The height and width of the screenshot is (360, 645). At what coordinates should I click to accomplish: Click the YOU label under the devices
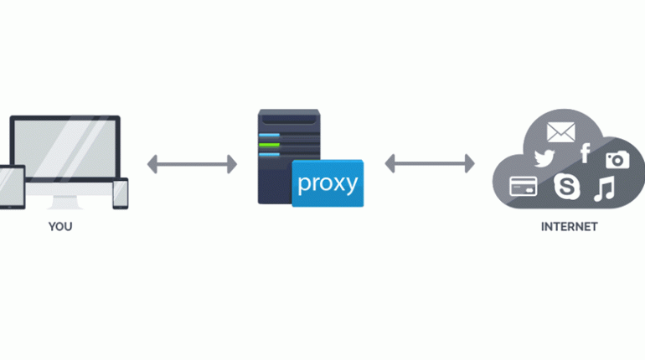tap(60, 226)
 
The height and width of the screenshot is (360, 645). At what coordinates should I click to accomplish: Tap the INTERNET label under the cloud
tap(569, 226)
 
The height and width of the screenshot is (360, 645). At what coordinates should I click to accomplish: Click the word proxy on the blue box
tap(328, 183)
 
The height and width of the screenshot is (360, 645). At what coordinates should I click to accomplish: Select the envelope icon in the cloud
tap(560, 132)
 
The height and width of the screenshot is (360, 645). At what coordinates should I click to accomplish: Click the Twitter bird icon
tap(544, 158)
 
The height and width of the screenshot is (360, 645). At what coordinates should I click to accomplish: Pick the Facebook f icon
tap(586, 153)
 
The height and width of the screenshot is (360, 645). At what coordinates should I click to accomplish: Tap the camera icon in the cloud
tap(617, 160)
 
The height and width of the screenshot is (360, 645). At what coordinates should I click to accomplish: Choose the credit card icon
tap(524, 186)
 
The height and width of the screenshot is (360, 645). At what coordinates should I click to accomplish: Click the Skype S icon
tap(567, 186)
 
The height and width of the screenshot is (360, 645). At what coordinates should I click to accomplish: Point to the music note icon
tap(604, 188)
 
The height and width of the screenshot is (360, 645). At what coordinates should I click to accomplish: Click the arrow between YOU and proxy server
tap(192, 164)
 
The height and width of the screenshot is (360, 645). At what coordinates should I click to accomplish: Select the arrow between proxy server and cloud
tap(430, 163)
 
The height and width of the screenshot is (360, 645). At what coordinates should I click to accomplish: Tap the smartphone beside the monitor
tap(121, 193)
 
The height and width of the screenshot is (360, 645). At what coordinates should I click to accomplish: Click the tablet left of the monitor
tap(12, 187)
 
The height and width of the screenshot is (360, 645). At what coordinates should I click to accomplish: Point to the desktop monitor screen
tap(65, 149)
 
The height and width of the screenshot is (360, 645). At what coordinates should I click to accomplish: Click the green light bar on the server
tap(270, 145)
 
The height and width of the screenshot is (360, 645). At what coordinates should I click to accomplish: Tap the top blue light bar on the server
tap(270, 135)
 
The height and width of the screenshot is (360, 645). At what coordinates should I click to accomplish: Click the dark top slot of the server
tap(289, 119)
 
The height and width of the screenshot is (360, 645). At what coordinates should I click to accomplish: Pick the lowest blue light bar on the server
tap(270, 155)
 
